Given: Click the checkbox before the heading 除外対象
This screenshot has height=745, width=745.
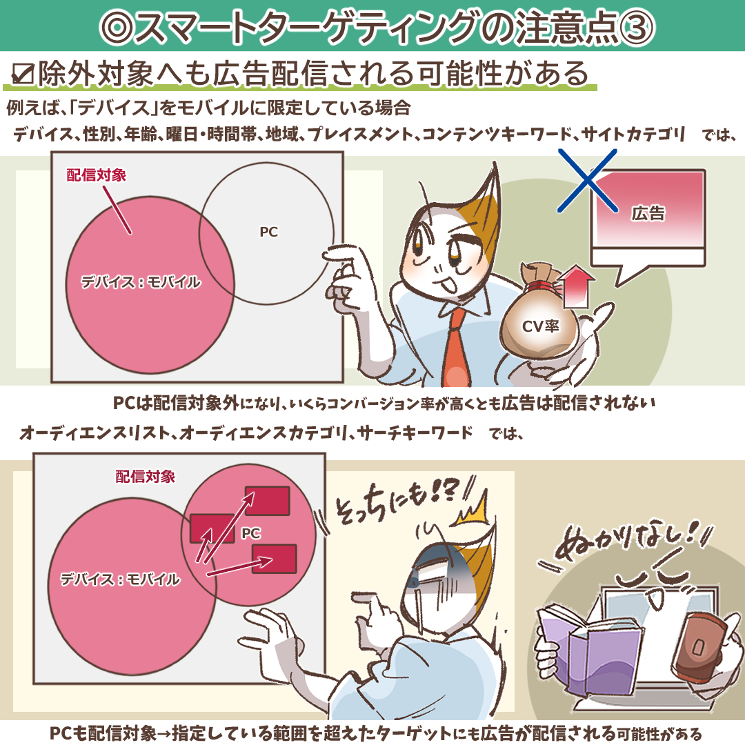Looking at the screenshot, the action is [23, 74].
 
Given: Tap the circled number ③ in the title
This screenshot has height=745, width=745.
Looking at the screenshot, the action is [637, 27].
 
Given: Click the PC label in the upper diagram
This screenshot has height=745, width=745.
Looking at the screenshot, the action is [268, 232].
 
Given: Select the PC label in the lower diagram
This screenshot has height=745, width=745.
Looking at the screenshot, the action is [251, 533].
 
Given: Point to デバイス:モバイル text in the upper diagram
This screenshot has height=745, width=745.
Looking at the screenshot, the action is [141, 282].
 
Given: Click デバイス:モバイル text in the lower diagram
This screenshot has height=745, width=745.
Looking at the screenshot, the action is [120, 579].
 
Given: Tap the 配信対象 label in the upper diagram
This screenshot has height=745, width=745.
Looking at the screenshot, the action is [97, 175].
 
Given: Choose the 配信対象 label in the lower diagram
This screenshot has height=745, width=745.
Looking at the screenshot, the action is [146, 477].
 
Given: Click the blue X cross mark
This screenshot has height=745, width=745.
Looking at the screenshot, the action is [588, 180].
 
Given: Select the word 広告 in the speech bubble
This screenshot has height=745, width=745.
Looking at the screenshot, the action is [648, 213].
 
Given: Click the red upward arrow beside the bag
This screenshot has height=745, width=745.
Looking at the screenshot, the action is [575, 286].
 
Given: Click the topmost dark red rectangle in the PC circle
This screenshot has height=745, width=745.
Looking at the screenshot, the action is [267, 501].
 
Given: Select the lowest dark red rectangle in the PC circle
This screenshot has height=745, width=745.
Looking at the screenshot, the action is [274, 559].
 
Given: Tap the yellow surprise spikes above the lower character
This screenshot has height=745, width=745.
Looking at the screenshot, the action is [473, 509].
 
